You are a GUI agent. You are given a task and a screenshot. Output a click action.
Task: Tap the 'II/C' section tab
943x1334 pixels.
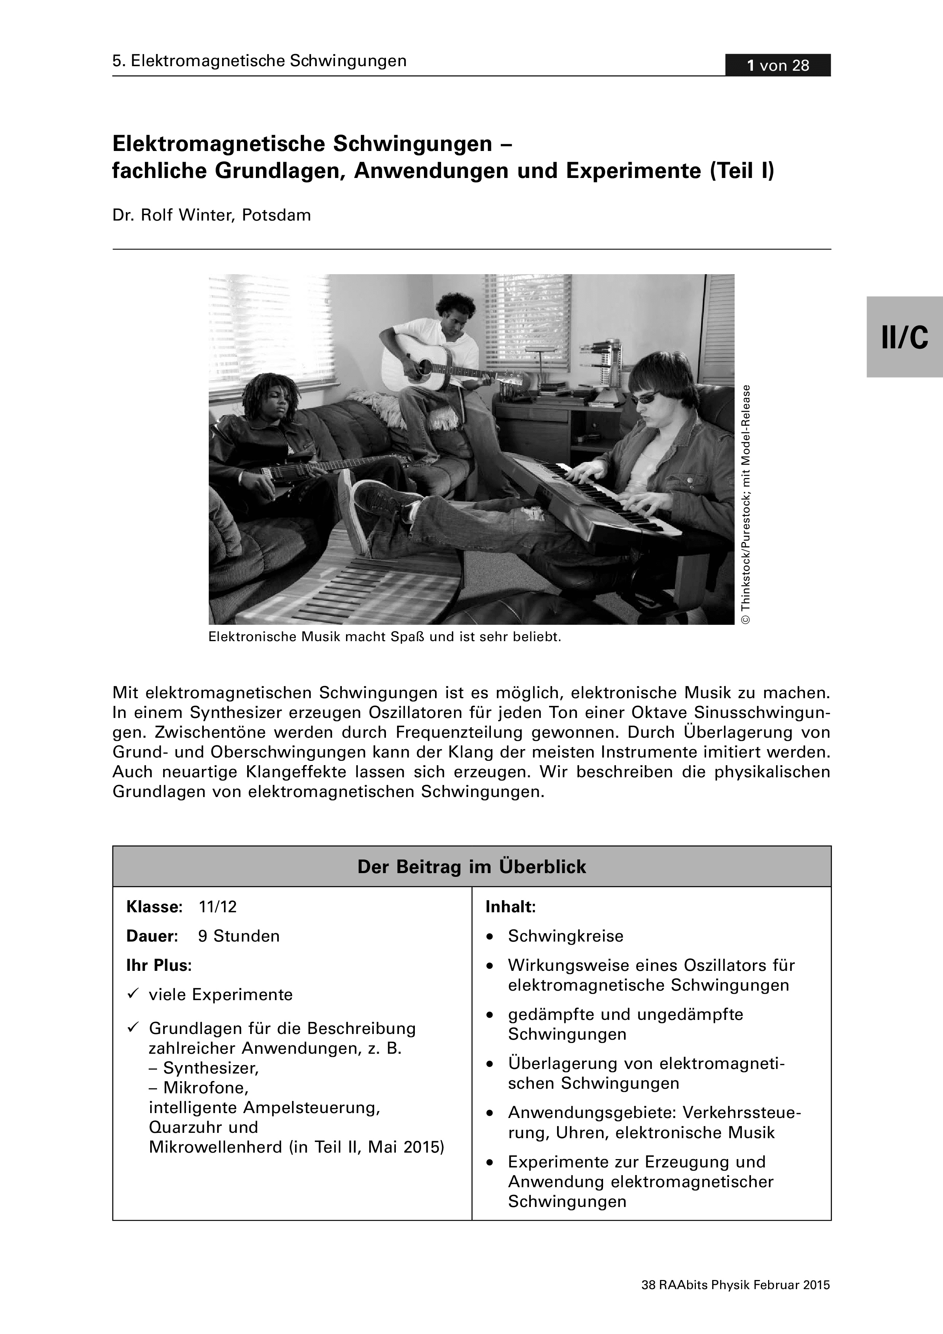pos(905,337)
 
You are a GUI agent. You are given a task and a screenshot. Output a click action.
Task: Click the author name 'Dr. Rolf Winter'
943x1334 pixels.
pos(174,215)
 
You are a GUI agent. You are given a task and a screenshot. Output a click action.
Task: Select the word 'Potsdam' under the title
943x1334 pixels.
pos(276,215)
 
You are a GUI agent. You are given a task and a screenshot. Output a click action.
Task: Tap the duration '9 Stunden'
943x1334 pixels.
pos(239,936)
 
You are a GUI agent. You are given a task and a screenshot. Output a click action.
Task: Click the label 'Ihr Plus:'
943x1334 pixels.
pos(159,966)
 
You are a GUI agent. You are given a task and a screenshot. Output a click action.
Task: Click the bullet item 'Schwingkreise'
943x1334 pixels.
pos(565,936)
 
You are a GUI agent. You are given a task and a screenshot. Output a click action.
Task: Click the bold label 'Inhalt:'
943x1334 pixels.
pos(510,906)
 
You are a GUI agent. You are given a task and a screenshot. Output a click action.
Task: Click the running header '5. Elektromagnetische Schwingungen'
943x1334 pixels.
pos(259,61)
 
